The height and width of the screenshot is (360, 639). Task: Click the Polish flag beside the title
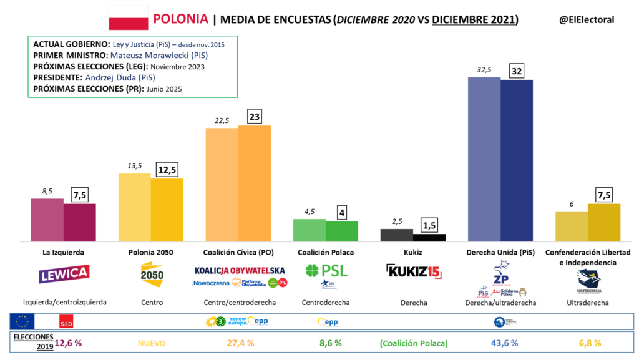(129, 18)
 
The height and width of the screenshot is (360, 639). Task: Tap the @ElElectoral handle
(587, 20)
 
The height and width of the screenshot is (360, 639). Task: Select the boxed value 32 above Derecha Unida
(517, 71)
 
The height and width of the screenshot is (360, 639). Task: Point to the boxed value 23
(255, 116)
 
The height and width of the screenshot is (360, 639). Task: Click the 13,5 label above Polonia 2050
(134, 165)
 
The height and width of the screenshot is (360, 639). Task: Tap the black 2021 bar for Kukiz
(429, 238)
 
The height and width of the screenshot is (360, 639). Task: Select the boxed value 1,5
(429, 225)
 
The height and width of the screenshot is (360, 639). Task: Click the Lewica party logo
(64, 273)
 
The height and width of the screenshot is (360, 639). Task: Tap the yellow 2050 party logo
(152, 273)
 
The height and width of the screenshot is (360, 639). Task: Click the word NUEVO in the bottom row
(152, 343)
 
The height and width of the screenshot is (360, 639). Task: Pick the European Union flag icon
(22, 321)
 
